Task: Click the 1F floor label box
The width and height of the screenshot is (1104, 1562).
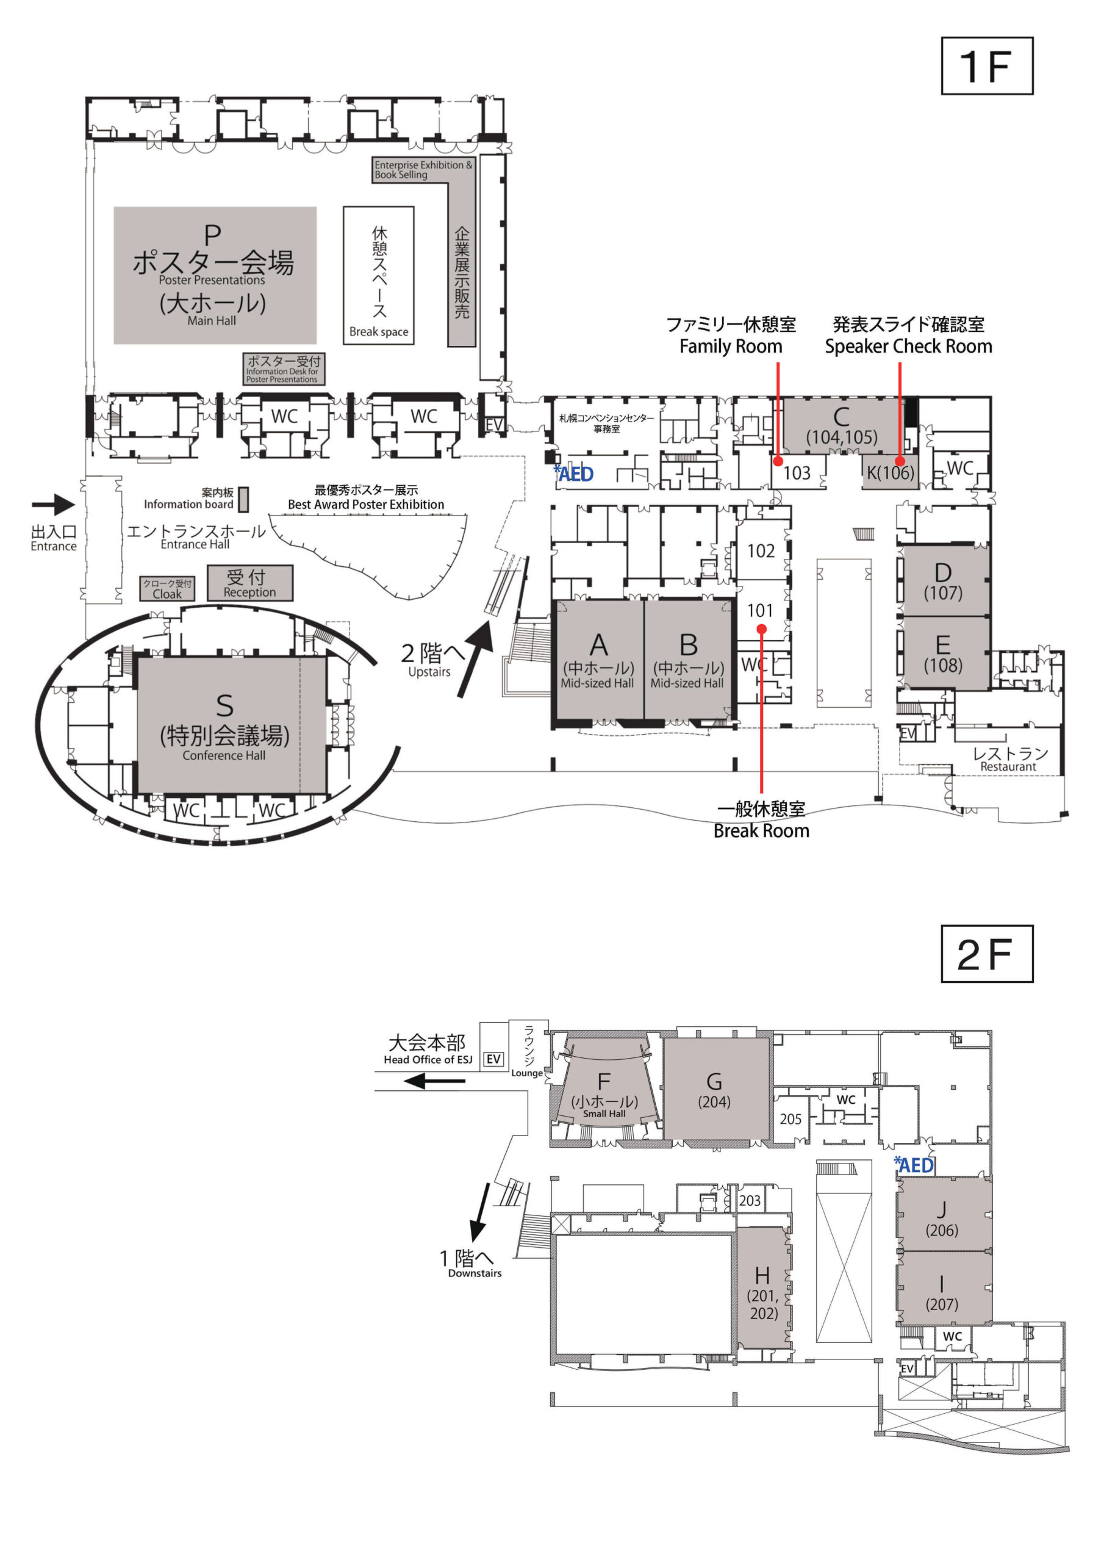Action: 986,66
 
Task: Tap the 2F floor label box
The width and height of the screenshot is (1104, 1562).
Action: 986,954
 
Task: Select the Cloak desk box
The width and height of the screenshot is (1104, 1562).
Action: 167,588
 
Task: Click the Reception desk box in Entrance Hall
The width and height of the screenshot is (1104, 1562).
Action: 249,583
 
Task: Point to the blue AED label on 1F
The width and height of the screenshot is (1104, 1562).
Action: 575,474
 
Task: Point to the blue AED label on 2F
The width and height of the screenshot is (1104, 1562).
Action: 914,1165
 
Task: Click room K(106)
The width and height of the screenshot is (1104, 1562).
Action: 891,472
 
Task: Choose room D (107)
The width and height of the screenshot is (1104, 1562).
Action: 943,580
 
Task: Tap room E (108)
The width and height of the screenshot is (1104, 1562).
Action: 943,653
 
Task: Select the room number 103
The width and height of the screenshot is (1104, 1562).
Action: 797,473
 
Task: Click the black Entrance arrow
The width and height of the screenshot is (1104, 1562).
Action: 53,505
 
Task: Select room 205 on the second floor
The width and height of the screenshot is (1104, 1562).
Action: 790,1119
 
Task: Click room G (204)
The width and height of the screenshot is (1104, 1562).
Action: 714,1089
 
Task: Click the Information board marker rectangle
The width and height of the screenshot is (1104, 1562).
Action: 243,498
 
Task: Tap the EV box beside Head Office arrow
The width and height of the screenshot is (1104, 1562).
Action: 493,1059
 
